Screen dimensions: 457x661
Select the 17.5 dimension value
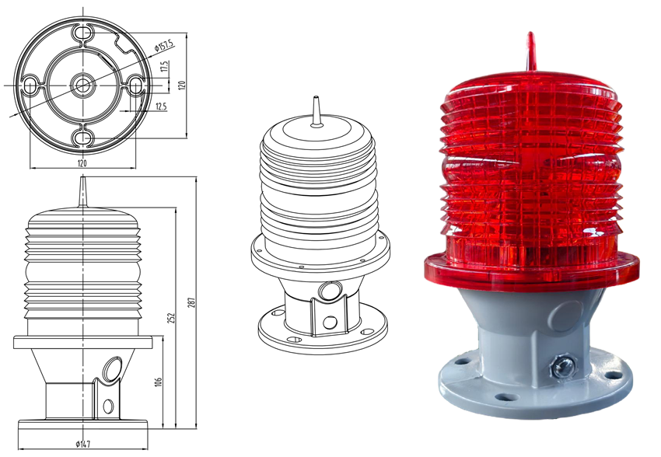coord(165,67)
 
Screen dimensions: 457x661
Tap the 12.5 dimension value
coord(161,106)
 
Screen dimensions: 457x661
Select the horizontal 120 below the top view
coord(82,163)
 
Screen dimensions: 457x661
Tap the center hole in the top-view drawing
coord(81,84)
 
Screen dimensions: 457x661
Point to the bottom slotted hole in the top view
coord(81,138)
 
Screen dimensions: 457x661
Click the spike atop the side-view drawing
coord(82,191)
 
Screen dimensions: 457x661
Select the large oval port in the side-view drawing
coord(114,367)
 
